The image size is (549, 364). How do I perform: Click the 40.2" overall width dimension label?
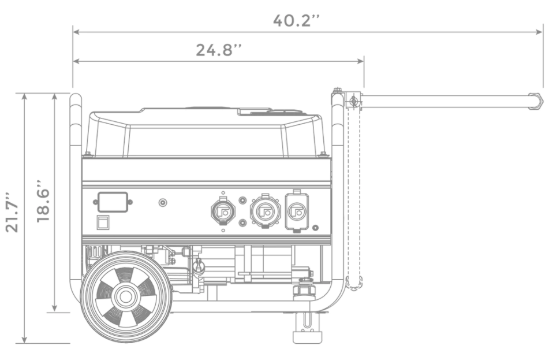tap(296, 20)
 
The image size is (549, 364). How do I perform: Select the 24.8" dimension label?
tap(218, 50)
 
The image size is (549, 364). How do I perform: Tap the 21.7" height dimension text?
tap(12, 212)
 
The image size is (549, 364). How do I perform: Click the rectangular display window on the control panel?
tap(112, 202)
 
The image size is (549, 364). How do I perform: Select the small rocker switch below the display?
tap(103, 222)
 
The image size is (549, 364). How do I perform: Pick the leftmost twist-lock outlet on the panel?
tap(223, 211)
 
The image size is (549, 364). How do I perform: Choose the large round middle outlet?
tap(265, 212)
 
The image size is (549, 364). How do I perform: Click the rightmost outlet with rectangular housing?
tap(297, 212)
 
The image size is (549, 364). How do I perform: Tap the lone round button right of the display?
tap(163, 203)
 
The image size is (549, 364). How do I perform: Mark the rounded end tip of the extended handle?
tap(537, 101)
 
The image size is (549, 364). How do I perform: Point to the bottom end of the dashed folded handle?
tap(354, 283)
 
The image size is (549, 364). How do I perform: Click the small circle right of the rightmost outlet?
tap(315, 228)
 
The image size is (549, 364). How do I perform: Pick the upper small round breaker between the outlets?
tap(242, 200)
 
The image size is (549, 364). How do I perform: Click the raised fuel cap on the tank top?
tap(254, 110)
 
